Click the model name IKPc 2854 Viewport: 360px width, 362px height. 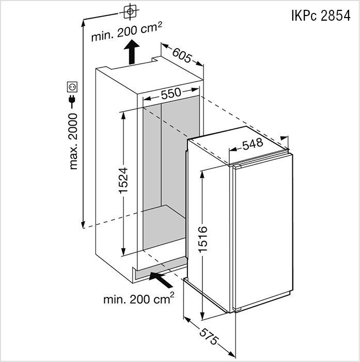(x=321, y=16)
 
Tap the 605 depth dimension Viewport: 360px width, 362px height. (x=182, y=55)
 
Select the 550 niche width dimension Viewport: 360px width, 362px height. (x=171, y=93)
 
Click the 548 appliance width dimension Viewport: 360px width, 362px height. (x=253, y=144)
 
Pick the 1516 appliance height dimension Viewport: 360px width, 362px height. (x=203, y=239)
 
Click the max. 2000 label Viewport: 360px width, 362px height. (x=73, y=141)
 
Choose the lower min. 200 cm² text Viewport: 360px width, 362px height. (x=138, y=299)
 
